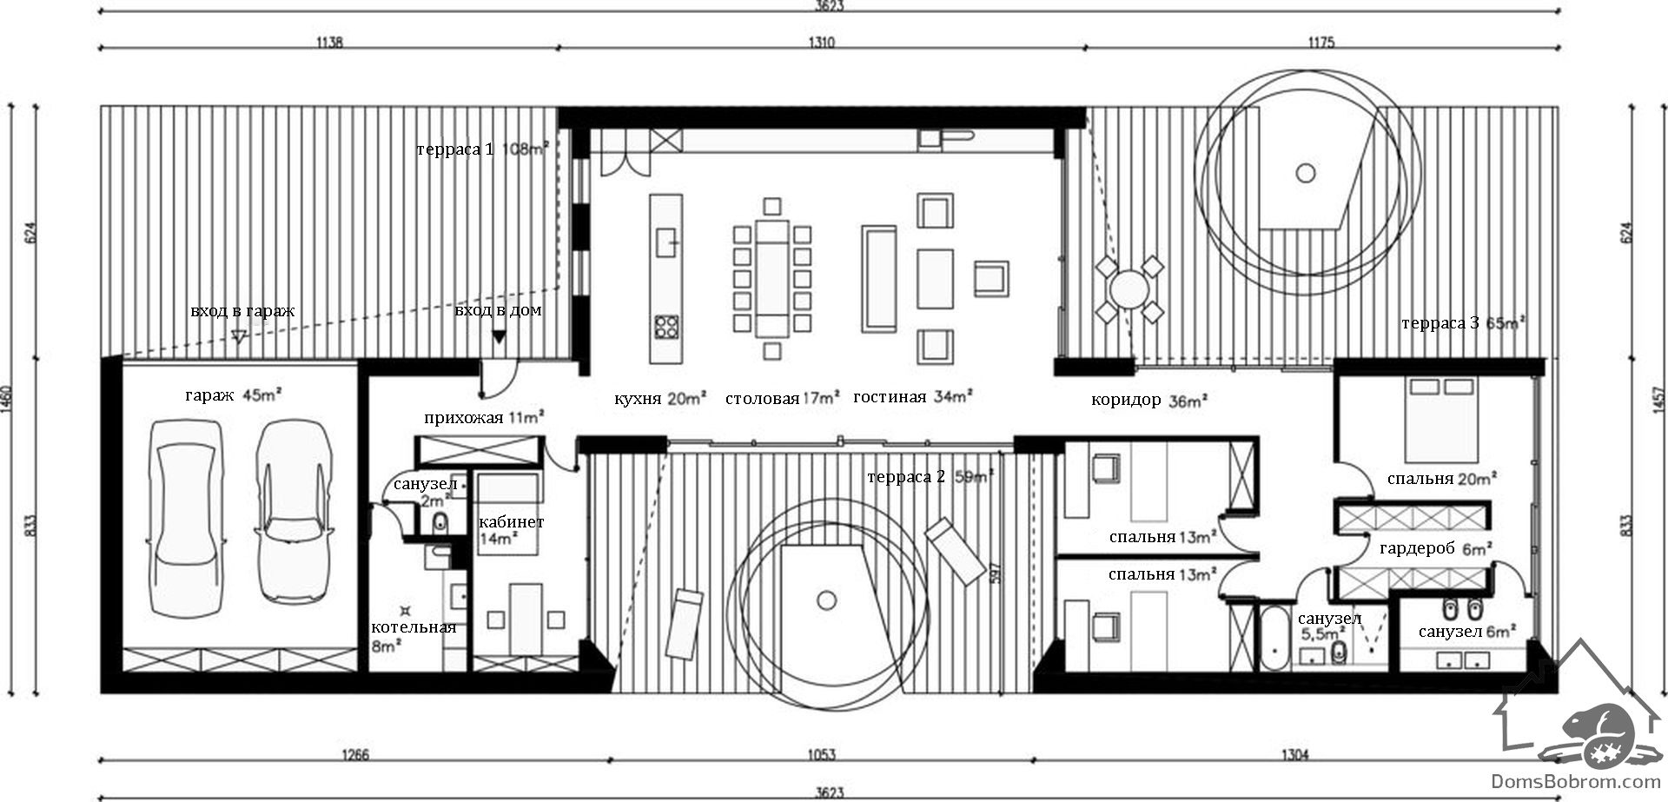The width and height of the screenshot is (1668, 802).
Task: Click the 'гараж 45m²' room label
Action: [x=234, y=395]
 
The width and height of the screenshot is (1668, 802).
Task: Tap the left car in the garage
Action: [x=188, y=519]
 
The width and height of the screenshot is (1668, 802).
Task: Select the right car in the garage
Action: [x=293, y=512]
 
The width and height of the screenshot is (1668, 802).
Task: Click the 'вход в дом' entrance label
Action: [x=498, y=310]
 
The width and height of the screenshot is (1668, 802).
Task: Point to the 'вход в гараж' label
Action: [x=242, y=310]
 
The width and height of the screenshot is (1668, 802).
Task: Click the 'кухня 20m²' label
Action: [x=661, y=399]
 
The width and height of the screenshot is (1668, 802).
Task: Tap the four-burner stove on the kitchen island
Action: [x=666, y=327]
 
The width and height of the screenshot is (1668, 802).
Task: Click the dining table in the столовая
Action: [x=771, y=278]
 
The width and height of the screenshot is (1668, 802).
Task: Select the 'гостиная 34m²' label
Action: [x=912, y=397]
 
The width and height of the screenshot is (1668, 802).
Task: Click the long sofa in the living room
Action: [x=878, y=278]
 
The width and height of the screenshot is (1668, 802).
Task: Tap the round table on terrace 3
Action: [x=1129, y=289]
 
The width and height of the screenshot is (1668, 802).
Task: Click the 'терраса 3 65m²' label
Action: [x=1464, y=323]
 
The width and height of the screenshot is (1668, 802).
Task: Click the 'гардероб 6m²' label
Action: [x=1435, y=549]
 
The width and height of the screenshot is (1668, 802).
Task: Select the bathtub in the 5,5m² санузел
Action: [x=1274, y=639]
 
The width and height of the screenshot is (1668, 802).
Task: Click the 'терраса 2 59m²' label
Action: [x=930, y=476]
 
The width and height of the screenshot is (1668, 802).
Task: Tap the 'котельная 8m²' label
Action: [x=413, y=636]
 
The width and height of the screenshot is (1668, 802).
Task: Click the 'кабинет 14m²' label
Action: [x=511, y=530]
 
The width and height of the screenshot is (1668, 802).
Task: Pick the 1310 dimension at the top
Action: [x=821, y=42]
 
